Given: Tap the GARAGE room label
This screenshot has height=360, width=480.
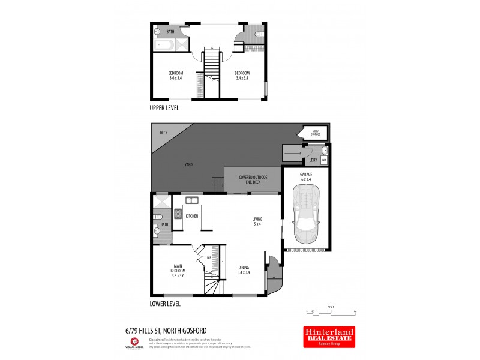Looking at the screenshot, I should pyautogui.click(x=305, y=176).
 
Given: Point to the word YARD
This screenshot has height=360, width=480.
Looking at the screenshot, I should pyautogui.click(x=188, y=164).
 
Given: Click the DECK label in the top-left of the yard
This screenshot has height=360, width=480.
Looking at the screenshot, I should pyautogui.click(x=163, y=133).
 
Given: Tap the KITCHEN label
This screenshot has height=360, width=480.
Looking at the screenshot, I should pyautogui.click(x=192, y=215).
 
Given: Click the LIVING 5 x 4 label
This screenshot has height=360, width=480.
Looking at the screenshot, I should pyautogui.click(x=257, y=222).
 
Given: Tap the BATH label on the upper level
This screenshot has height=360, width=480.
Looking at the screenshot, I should pyautogui.click(x=170, y=31).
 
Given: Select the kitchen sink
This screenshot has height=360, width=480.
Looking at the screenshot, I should pyautogui.click(x=192, y=200).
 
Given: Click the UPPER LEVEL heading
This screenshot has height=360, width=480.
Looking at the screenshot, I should pyautogui.click(x=164, y=109).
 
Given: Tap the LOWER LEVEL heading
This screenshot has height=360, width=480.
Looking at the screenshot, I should pyautogui.click(x=165, y=304).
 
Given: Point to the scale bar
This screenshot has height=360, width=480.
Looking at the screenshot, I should pyautogui.click(x=331, y=312).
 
